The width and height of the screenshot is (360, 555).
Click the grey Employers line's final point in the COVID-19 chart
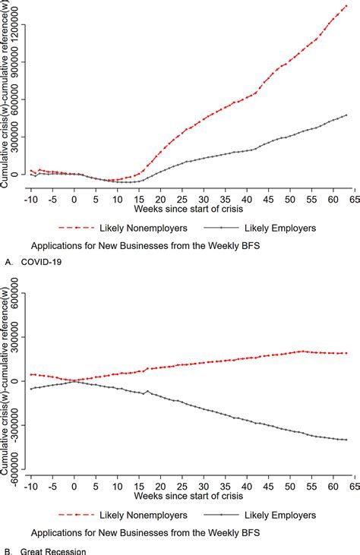click(x=346, y=115)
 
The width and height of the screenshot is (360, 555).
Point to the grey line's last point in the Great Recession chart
click(x=346, y=440)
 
